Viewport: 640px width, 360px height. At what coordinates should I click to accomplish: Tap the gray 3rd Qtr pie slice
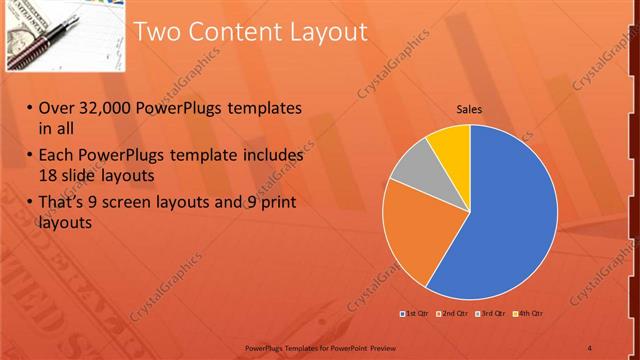tap(410, 166)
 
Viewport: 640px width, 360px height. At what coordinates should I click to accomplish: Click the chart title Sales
tap(470, 109)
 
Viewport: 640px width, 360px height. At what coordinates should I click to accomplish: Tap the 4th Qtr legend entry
tap(529, 315)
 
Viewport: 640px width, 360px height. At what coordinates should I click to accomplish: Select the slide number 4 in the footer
tap(589, 347)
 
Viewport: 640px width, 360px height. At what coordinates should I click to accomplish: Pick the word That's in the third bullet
tap(63, 203)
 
